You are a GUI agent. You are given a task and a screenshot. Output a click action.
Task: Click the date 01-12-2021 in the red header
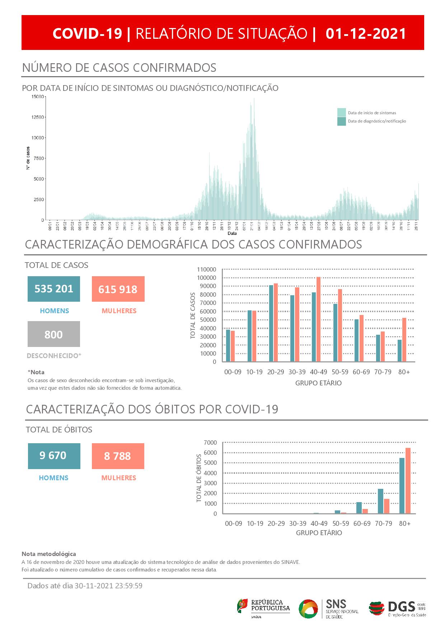point(366,33)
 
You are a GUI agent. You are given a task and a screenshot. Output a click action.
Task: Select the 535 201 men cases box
point(54,289)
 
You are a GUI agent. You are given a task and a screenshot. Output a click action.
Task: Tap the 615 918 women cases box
point(118,289)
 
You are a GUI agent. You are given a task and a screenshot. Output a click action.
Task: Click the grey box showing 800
point(54,334)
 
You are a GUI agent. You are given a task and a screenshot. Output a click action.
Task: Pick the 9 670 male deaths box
point(54,456)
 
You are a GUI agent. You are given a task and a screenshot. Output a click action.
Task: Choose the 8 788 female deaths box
point(118,456)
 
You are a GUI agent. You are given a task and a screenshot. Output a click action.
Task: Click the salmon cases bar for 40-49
point(318,319)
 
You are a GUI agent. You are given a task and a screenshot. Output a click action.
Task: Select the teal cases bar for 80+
point(399,351)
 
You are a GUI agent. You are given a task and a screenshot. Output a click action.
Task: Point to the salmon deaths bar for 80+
point(408,481)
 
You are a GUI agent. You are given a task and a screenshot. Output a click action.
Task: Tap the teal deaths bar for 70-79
point(380,501)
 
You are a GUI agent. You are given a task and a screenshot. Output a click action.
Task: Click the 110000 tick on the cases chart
point(207,269)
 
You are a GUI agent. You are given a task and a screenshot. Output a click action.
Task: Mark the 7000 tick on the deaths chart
point(211,442)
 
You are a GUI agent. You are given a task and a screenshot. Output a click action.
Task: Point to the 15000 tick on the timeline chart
point(38,97)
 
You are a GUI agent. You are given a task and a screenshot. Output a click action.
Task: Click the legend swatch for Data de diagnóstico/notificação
point(341,121)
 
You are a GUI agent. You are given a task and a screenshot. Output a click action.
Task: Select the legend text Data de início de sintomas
point(372,113)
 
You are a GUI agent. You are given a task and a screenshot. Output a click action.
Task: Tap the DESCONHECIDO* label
point(54,356)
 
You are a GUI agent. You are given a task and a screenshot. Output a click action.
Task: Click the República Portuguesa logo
point(263,608)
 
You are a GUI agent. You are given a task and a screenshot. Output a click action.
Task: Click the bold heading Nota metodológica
point(49,554)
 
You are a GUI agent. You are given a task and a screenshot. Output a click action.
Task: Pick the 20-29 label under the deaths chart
point(276,523)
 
